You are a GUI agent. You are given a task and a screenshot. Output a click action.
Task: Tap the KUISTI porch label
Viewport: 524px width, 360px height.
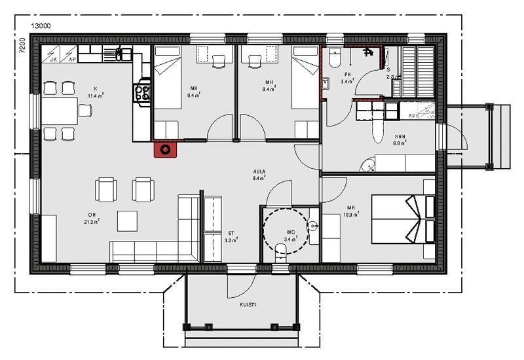(x=248, y=304)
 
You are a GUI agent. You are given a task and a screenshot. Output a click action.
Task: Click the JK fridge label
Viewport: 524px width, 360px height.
(x=54, y=59)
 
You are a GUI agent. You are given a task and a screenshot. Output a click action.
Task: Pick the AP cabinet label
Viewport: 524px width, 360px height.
(x=71, y=59)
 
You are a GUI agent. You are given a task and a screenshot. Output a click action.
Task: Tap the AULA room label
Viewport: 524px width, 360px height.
(x=259, y=173)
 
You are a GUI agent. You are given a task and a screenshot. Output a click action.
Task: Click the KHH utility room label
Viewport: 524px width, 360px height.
(x=399, y=137)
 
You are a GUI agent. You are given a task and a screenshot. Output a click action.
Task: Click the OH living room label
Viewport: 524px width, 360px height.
(x=92, y=215)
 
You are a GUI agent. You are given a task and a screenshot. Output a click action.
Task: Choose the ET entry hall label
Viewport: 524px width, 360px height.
(x=231, y=234)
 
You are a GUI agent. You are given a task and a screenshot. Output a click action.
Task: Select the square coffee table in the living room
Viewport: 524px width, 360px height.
(x=128, y=221)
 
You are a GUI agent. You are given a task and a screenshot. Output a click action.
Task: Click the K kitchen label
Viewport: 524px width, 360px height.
(x=95, y=88)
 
